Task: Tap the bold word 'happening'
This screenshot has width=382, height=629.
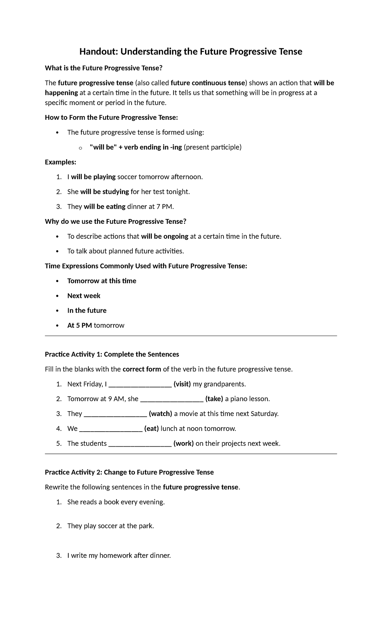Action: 61,93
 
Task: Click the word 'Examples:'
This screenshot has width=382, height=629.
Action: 60,162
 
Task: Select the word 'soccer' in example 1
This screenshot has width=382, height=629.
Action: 127,177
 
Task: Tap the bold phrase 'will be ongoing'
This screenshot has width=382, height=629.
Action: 165,236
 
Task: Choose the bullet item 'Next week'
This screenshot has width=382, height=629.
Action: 84,296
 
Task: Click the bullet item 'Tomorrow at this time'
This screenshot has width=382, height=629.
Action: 102,281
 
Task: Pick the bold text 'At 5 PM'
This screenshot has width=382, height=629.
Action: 80,325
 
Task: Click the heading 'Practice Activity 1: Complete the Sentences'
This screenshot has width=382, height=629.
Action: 112,354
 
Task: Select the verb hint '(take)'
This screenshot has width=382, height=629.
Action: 214,399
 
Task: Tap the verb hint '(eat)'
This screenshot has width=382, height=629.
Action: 152,428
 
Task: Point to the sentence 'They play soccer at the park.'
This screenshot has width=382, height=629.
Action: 110,526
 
